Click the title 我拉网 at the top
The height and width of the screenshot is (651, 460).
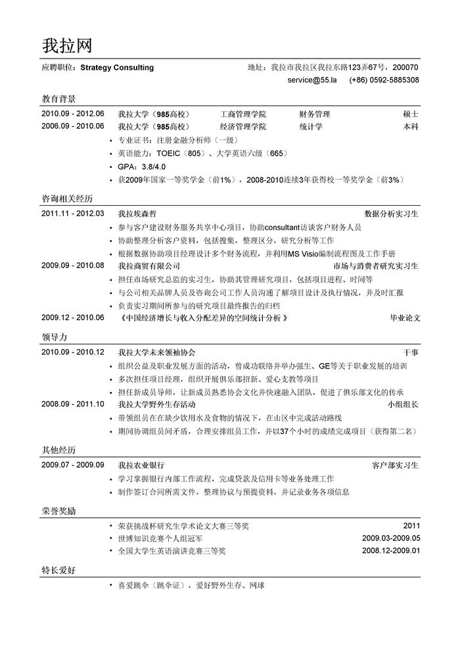67,44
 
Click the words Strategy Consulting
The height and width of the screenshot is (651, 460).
117,67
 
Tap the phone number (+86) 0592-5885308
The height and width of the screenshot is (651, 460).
384,80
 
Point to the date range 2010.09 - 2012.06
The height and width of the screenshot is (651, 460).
73,114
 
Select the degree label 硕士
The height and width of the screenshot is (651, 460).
411,114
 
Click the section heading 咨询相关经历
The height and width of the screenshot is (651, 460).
67,198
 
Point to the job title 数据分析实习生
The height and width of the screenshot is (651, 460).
392,214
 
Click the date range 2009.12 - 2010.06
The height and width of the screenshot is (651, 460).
73,318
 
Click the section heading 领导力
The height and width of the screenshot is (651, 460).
54,337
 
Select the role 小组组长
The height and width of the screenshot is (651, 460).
403,404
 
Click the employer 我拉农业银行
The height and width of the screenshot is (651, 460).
141,465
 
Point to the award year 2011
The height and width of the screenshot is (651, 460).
411,526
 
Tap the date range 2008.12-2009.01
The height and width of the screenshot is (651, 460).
390,551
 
